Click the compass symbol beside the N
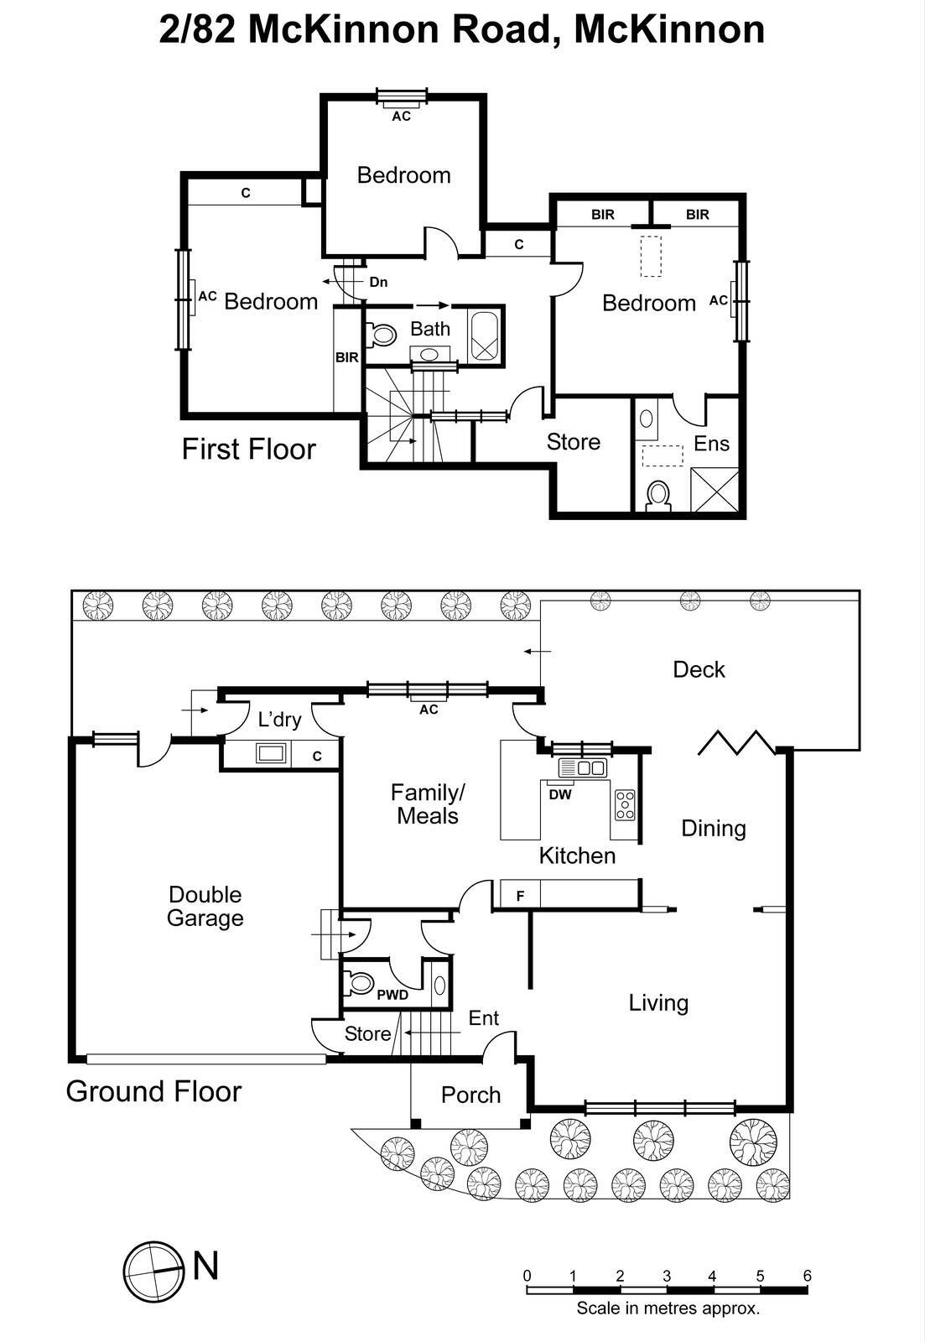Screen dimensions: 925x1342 pyautogui.click(x=154, y=1272)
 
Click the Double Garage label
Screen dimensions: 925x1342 pyautogui.click(x=205, y=906)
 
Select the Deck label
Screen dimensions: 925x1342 pyautogui.click(x=699, y=669)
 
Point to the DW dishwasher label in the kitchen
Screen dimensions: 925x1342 pyautogui.click(x=560, y=794)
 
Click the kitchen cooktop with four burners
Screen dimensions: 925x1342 pyautogui.click(x=625, y=805)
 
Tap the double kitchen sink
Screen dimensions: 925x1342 pyautogui.click(x=582, y=767)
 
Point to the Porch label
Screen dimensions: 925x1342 pyautogui.click(x=470, y=1095)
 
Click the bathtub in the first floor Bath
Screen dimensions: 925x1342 pyautogui.click(x=484, y=336)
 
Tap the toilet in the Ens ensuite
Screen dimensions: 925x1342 pyautogui.click(x=657, y=496)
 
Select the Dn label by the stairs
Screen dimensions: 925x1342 pyautogui.click(x=378, y=282)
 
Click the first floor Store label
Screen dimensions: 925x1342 pyautogui.click(x=574, y=441)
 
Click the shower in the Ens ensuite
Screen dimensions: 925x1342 pyautogui.click(x=715, y=490)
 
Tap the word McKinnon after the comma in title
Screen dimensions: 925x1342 pyautogui.click(x=669, y=29)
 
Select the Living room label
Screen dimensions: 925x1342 pyautogui.click(x=658, y=1002)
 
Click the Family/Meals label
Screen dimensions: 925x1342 pyautogui.click(x=427, y=804)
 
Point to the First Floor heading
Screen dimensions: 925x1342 pyautogui.click(x=248, y=449)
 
